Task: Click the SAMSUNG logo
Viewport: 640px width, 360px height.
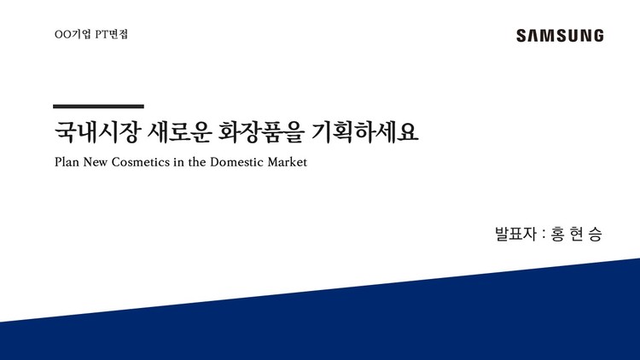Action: click(560, 36)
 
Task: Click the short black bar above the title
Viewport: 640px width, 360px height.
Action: click(98, 107)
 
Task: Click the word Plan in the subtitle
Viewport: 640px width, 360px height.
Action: click(66, 162)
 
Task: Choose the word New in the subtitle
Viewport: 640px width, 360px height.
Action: click(101, 162)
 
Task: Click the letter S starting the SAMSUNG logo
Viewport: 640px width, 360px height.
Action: click(521, 36)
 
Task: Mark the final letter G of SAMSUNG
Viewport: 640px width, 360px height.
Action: click(597, 36)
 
